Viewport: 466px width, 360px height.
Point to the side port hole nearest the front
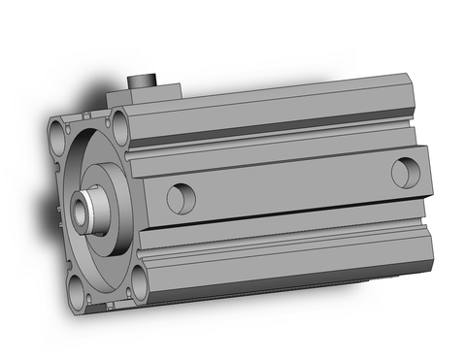180,198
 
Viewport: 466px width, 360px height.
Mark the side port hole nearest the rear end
404,173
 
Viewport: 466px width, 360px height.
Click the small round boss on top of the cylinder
145,81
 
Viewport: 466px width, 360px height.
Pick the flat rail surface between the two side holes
291,186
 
